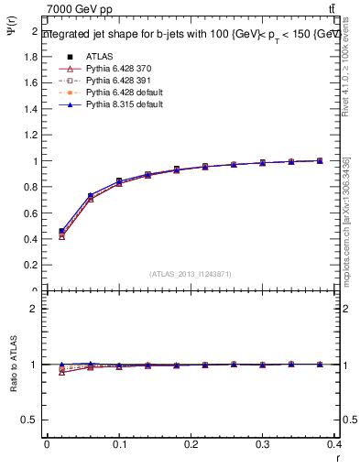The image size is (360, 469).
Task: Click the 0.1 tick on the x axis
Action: point(118,444)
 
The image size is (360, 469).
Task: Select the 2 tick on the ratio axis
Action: point(35,309)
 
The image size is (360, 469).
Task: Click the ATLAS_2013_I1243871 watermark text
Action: point(190,275)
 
